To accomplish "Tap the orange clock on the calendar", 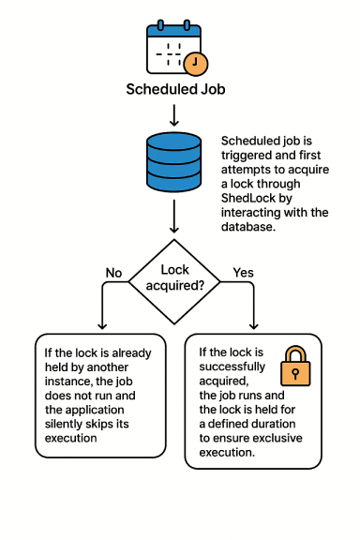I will [196, 64].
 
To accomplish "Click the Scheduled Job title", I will [175, 90].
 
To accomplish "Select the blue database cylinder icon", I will [174, 163].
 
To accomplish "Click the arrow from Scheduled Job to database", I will [174, 114].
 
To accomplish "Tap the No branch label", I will [113, 273].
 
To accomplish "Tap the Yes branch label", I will [243, 273].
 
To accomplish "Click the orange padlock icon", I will [295, 367].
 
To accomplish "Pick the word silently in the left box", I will [64, 424].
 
